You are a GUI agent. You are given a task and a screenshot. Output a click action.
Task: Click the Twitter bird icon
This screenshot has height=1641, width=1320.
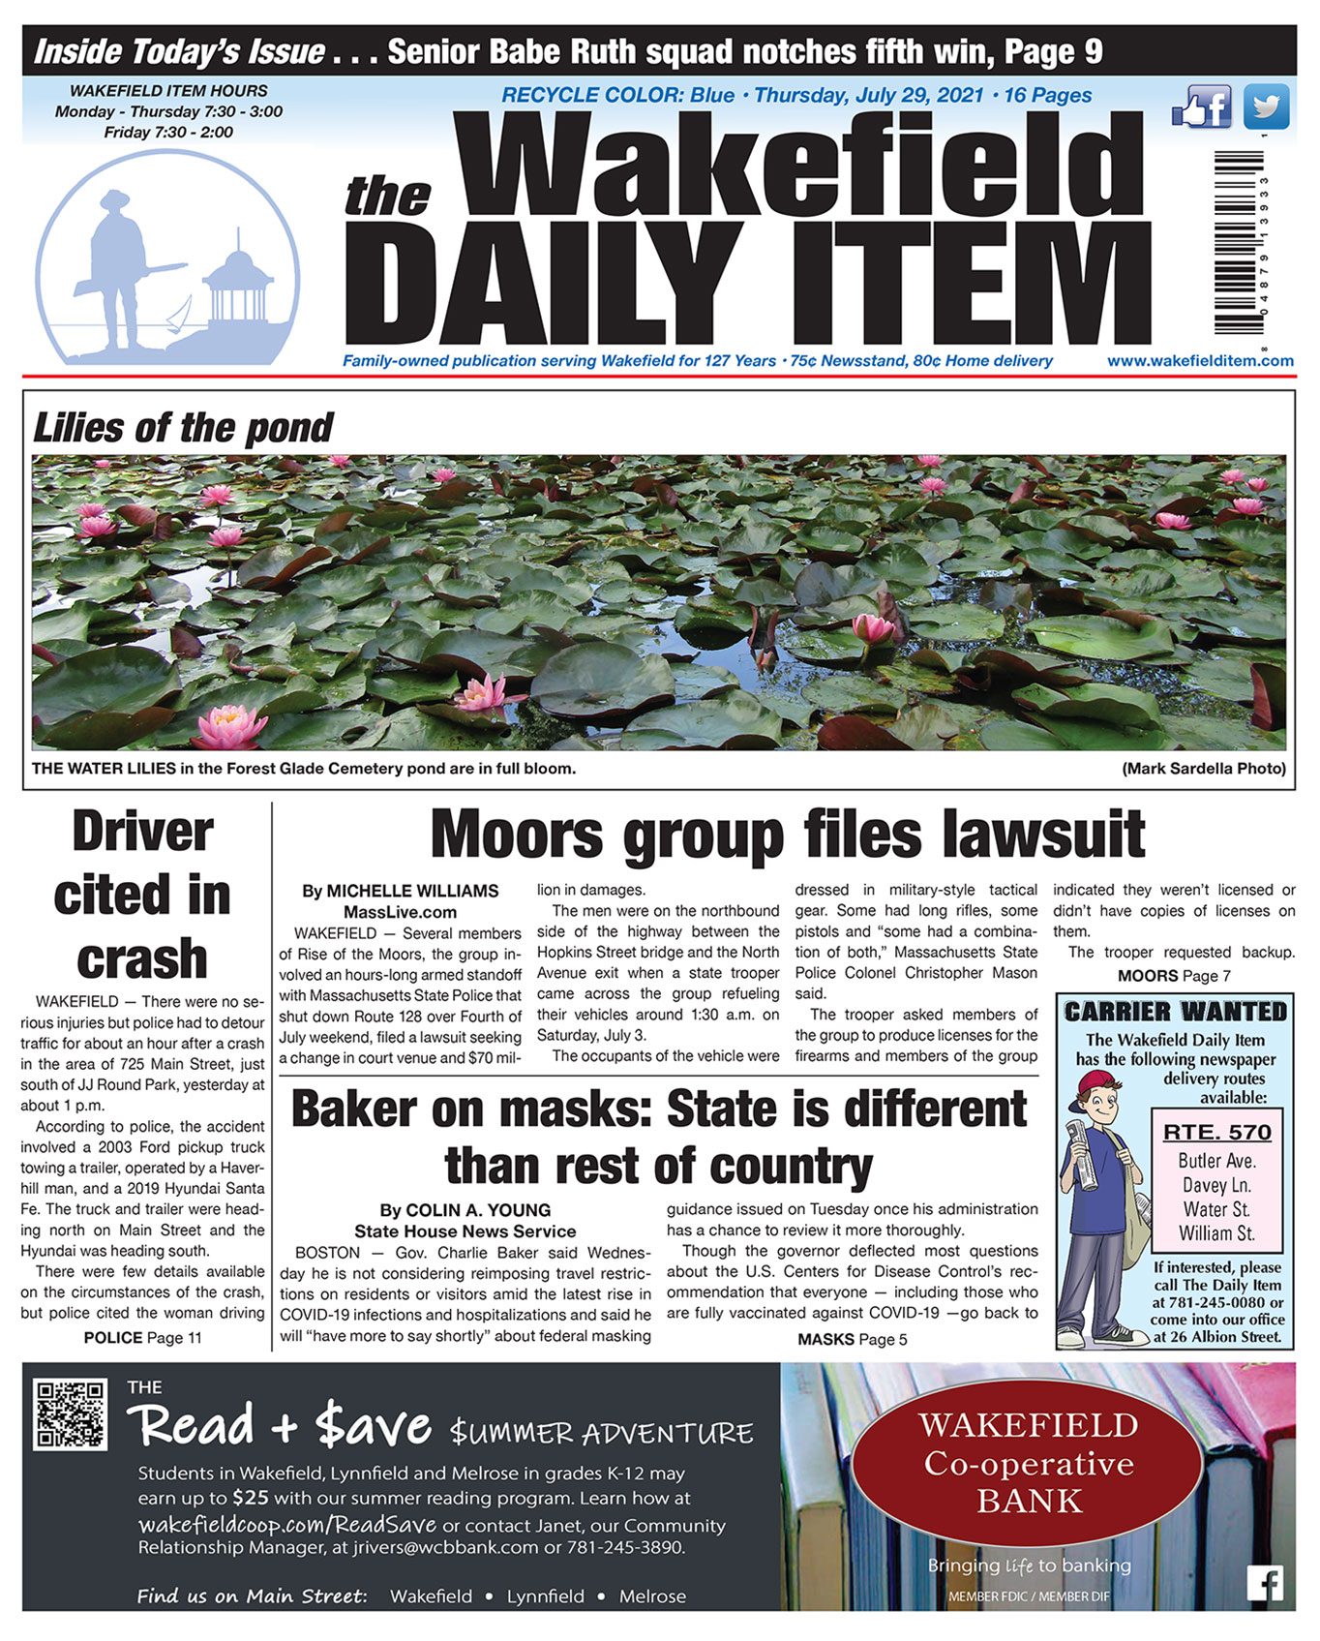click(x=1266, y=106)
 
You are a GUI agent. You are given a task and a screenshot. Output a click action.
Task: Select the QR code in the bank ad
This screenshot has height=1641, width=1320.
click(x=70, y=1414)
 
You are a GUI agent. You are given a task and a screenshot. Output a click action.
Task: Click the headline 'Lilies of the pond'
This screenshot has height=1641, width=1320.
click(x=183, y=427)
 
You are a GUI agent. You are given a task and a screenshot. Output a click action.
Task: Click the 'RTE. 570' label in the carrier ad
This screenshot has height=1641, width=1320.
click(x=1216, y=1132)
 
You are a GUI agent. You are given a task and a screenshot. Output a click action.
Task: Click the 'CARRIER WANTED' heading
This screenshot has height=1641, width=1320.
click(x=1175, y=1012)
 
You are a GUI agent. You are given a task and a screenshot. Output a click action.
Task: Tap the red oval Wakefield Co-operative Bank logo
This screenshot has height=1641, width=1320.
click(x=1028, y=1463)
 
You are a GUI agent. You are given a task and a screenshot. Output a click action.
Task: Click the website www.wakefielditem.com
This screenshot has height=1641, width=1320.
click(x=1200, y=361)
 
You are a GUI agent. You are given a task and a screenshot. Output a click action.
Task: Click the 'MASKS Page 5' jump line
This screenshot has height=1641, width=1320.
click(x=852, y=1339)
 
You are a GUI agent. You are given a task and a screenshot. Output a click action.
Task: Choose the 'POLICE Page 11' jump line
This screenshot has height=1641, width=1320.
click(x=142, y=1338)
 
